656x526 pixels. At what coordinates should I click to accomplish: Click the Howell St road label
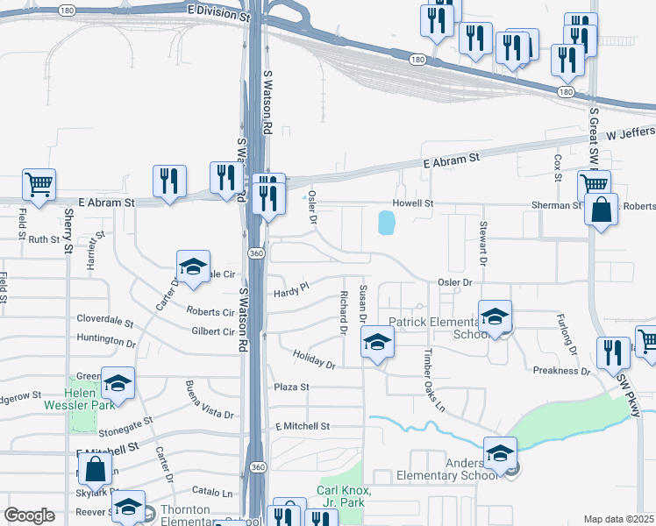[x=412, y=203]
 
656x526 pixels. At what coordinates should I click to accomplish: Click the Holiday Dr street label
[x=314, y=358]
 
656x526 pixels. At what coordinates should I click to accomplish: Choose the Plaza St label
[x=292, y=387]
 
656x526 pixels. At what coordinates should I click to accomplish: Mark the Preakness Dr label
[x=561, y=371]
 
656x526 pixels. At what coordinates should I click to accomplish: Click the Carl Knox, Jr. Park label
[x=346, y=496]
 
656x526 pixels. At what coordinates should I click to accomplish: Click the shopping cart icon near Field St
[x=39, y=184]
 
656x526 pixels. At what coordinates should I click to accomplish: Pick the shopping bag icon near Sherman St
[x=601, y=210]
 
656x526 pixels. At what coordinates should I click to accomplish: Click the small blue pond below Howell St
[x=386, y=223]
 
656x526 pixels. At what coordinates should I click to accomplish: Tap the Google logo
[x=30, y=515]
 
